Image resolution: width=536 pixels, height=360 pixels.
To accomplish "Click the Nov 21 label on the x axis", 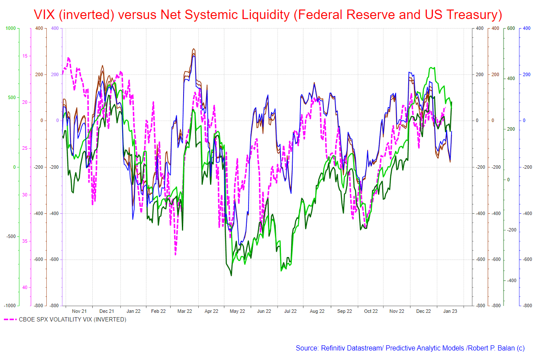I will [x=79, y=311].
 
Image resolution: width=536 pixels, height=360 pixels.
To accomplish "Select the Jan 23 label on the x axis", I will [x=449, y=311].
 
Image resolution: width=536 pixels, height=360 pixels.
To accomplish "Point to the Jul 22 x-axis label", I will [x=290, y=311].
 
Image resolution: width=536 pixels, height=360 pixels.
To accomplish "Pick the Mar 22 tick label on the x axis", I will [x=185, y=311].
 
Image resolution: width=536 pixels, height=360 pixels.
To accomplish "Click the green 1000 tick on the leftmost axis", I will [x=10, y=28].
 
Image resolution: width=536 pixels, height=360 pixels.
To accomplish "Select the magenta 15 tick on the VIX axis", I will [x=25, y=56].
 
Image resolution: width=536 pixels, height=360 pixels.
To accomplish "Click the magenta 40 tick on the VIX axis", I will [x=25, y=287].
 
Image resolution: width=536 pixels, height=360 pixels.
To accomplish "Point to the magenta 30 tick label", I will [x=25, y=195].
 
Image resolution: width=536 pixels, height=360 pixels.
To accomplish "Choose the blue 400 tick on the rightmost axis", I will [x=526, y=28].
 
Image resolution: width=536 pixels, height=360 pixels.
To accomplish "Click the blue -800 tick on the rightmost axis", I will [x=527, y=305].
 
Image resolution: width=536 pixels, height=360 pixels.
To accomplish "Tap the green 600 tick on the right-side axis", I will [x=510, y=28].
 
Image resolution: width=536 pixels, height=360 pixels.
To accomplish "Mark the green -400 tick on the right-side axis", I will [x=510, y=280].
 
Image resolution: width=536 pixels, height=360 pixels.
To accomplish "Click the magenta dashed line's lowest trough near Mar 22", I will [x=175, y=254].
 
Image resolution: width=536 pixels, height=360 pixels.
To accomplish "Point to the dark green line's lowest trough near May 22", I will [x=231, y=276].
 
